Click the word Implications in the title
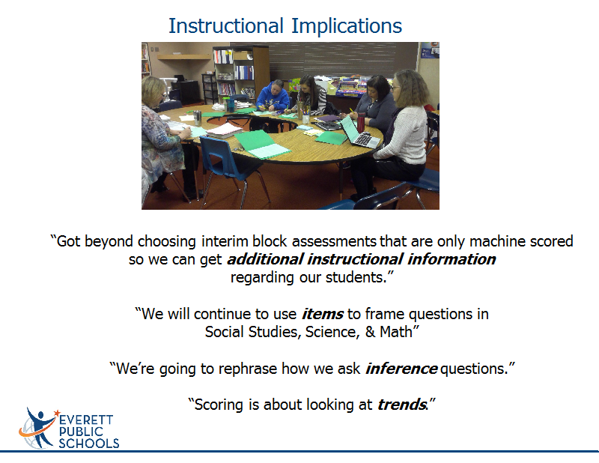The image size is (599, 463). [347, 27]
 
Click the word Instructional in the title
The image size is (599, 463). [226, 26]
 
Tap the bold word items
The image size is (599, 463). [323, 314]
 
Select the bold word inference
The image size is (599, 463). [401, 369]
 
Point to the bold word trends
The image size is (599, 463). [401, 405]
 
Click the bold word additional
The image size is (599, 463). [265, 259]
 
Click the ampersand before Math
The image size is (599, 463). [370, 332]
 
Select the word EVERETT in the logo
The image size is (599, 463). [86, 420]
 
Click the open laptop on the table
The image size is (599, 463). [359, 133]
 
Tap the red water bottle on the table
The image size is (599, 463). [361, 122]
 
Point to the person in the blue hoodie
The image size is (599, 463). [273, 96]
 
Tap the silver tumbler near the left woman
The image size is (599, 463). [197, 118]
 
